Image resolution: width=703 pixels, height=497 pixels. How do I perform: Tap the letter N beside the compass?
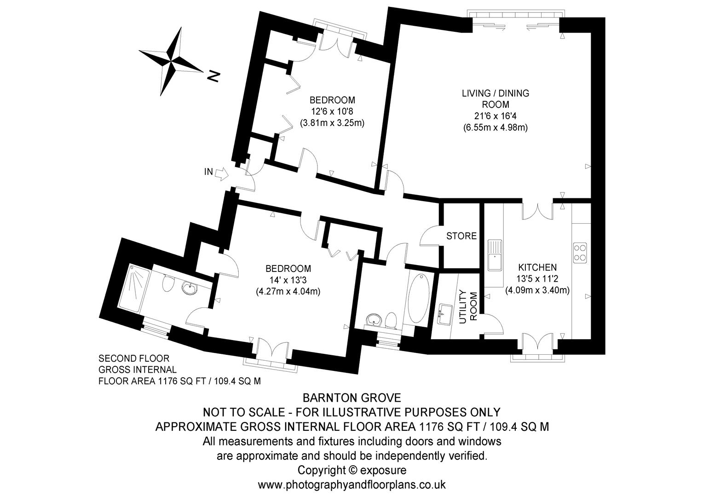tap(212, 76)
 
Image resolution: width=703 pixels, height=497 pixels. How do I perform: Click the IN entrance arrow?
tap(221, 173)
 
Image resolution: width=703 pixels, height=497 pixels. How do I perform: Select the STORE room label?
tap(461, 236)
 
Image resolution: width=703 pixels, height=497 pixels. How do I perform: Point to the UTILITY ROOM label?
tap(469, 306)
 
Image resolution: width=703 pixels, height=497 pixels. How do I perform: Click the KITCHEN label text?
tap(537, 267)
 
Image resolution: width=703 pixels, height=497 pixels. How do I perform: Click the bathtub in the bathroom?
tap(418, 299)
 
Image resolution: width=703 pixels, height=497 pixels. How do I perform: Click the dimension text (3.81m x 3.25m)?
tap(332, 123)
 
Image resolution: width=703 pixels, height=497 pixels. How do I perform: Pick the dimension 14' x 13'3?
tap(288, 280)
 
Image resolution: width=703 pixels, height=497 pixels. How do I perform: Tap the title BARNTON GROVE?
tap(351, 397)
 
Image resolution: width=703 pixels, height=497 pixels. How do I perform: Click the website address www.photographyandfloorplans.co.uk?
tap(351, 485)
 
